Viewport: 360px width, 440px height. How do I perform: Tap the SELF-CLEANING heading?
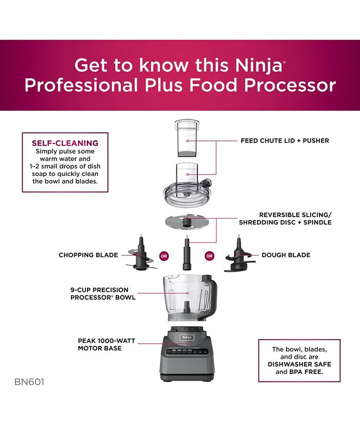65,143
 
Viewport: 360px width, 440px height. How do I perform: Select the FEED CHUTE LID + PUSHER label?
284,140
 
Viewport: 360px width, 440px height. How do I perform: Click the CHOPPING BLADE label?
88,255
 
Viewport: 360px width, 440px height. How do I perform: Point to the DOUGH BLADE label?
286,255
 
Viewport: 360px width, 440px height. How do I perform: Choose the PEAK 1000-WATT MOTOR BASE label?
100,344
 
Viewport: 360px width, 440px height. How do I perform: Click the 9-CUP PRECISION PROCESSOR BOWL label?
103,293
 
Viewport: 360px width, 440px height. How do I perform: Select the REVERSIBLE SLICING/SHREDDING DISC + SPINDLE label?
285,219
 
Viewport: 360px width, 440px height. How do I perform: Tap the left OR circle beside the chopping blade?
164,255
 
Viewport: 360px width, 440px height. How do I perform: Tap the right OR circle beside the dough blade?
209,255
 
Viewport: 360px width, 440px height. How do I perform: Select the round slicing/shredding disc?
187,223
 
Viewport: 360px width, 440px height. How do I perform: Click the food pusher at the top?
187,138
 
